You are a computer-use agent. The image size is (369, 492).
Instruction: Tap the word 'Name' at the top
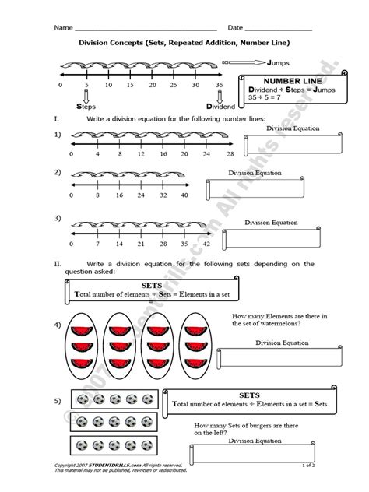[x=62, y=27]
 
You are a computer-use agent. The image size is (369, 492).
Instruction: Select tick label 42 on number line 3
[x=206, y=243]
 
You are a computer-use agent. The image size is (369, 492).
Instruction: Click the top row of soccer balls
[x=114, y=399]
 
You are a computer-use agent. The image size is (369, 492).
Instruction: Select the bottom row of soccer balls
[x=114, y=446]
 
